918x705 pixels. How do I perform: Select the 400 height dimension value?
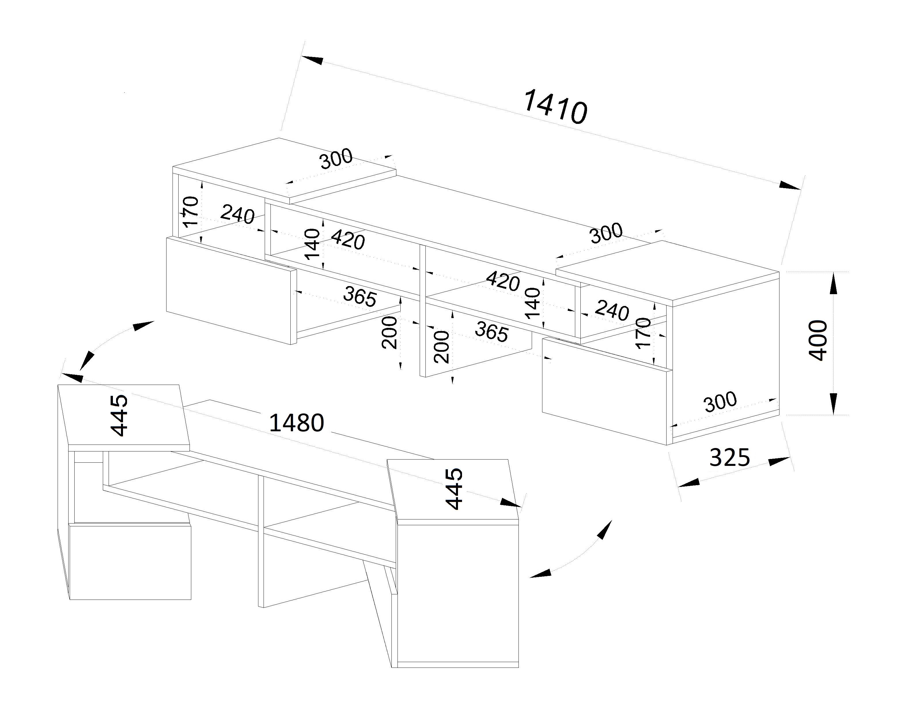coord(818,340)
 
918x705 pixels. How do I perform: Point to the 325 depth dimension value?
coord(729,458)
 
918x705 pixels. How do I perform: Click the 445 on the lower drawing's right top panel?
coord(454,489)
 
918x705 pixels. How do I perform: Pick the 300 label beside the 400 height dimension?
coord(720,402)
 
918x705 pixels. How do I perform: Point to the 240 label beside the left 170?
coord(237,214)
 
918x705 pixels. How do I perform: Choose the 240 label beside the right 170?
coord(612,311)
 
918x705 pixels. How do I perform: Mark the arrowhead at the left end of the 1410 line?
coord(312,60)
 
